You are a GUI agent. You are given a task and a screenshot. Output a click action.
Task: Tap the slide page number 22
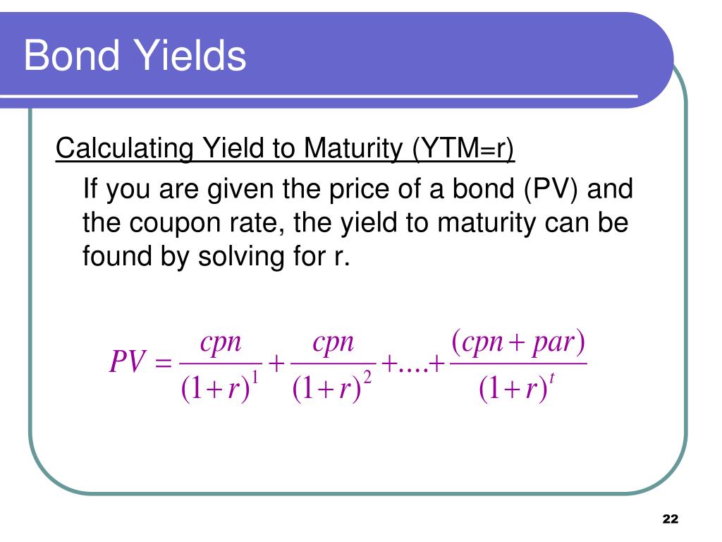670,519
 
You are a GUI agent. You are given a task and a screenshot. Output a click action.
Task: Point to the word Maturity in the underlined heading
354,149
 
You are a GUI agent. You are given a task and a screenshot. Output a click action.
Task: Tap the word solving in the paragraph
238,256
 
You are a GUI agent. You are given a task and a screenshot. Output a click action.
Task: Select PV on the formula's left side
127,365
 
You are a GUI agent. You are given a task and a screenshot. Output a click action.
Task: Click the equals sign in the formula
162,365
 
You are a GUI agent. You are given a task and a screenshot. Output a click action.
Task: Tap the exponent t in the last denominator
553,380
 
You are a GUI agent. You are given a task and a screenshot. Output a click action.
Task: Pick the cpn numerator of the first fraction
221,345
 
